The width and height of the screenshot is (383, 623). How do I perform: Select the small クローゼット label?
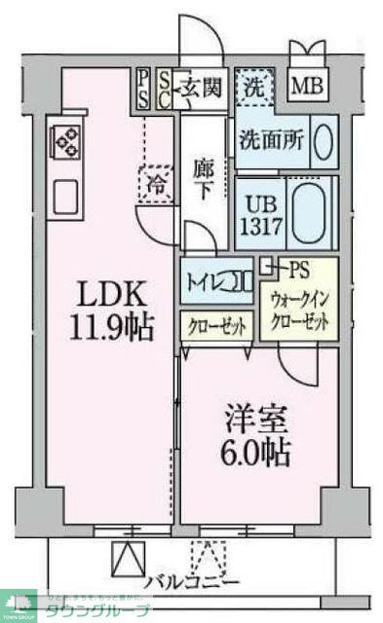click(217, 326)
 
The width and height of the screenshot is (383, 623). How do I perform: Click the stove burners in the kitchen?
click(66, 144)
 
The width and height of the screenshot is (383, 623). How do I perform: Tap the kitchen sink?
click(66, 199)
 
